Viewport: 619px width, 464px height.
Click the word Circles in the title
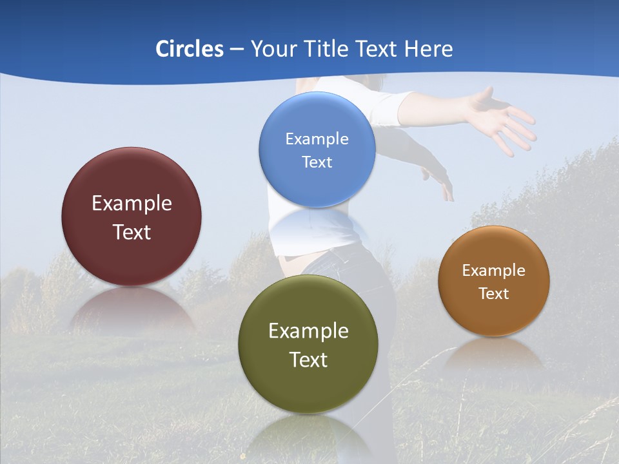pos(190,49)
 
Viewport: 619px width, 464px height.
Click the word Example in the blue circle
pos(317,139)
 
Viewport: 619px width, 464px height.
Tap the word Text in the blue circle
pos(317,162)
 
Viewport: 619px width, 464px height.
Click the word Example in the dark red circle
pos(132,203)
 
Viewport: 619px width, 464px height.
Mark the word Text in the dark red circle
pos(132,232)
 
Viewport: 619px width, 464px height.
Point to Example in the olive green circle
pos(308,331)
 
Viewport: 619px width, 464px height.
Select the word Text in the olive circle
pos(308,360)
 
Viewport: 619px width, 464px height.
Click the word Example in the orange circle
pos(494,270)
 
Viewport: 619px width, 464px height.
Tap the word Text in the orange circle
pos(494,293)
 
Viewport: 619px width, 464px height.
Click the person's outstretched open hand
pos(503,119)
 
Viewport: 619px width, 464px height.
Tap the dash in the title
pos(237,49)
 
